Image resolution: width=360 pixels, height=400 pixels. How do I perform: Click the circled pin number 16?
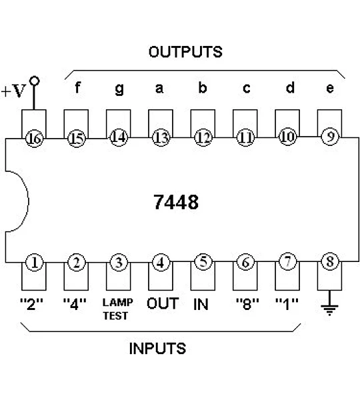point(35,139)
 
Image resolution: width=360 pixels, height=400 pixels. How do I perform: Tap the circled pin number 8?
point(330,261)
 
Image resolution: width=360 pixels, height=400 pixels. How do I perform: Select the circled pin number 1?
point(35,263)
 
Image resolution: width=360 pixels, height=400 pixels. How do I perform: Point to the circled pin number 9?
point(330,137)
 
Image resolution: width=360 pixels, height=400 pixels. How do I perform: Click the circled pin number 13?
point(161,138)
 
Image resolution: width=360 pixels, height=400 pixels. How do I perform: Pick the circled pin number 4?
point(161,263)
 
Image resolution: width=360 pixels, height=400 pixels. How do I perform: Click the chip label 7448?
point(176,202)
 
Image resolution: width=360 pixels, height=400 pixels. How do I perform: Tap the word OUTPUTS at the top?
point(185,52)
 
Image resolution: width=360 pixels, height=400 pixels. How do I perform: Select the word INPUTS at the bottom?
point(158,349)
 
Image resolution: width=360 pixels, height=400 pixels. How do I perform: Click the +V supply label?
point(13,91)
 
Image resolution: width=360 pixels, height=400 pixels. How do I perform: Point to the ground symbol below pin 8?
point(329,306)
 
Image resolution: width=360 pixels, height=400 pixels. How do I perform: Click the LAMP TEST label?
point(117,309)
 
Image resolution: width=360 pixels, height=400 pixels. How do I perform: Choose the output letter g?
point(119,89)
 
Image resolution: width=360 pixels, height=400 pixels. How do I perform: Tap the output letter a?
point(159,88)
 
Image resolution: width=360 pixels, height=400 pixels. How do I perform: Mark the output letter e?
point(330,88)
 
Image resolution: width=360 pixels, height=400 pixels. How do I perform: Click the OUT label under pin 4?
point(163,303)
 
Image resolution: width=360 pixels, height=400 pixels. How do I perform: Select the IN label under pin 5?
point(201,304)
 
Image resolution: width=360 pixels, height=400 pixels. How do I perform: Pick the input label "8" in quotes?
point(247,304)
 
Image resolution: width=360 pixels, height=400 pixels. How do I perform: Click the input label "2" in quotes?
point(31,304)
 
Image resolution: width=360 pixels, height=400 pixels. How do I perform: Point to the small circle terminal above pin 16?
point(34,81)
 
